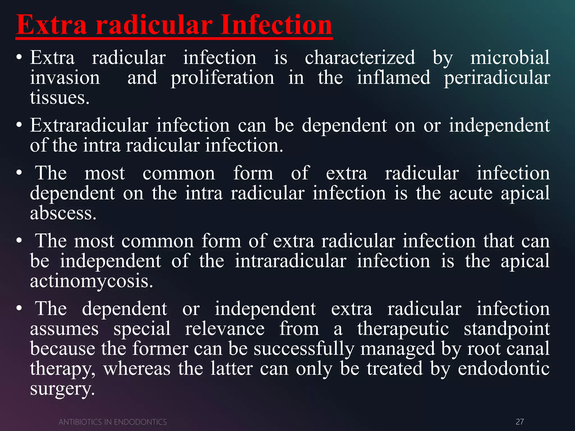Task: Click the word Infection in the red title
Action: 276,25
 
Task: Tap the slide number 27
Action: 520,422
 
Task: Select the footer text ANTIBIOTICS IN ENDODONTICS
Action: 113,422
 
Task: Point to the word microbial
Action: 510,58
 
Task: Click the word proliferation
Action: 222,78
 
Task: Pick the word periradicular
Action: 497,78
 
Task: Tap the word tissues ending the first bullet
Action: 60,98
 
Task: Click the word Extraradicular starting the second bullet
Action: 89,125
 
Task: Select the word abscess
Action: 63,213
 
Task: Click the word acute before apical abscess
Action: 471,193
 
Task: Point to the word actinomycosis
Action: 92,281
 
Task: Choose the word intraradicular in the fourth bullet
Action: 291,261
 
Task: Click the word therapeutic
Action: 403,329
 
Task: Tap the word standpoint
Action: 506,329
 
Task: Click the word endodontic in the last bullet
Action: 503,369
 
